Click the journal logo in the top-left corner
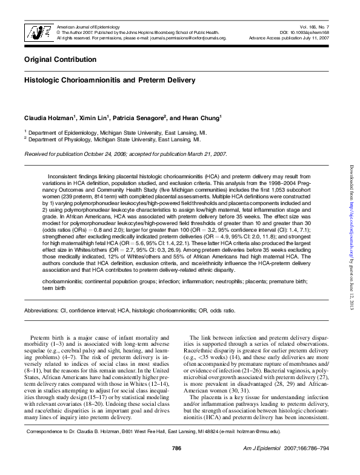pos(37,33)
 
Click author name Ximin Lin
pos(96,117)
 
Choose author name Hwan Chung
pos(202,117)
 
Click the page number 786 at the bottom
pos(177,465)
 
